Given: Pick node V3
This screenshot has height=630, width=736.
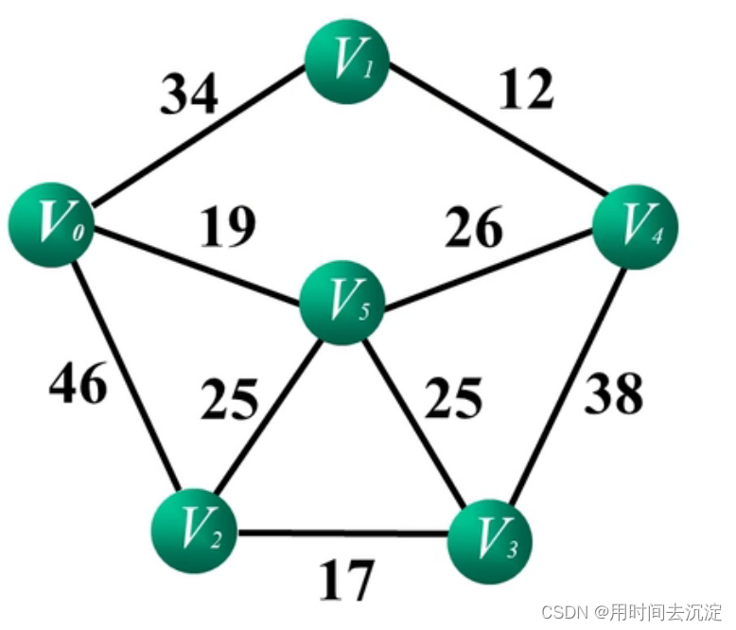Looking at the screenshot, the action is [488, 536].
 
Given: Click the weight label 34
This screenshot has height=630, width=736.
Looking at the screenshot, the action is [188, 95].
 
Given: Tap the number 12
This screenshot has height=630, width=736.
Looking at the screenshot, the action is [523, 90].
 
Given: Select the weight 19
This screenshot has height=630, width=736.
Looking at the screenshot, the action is [226, 226].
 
